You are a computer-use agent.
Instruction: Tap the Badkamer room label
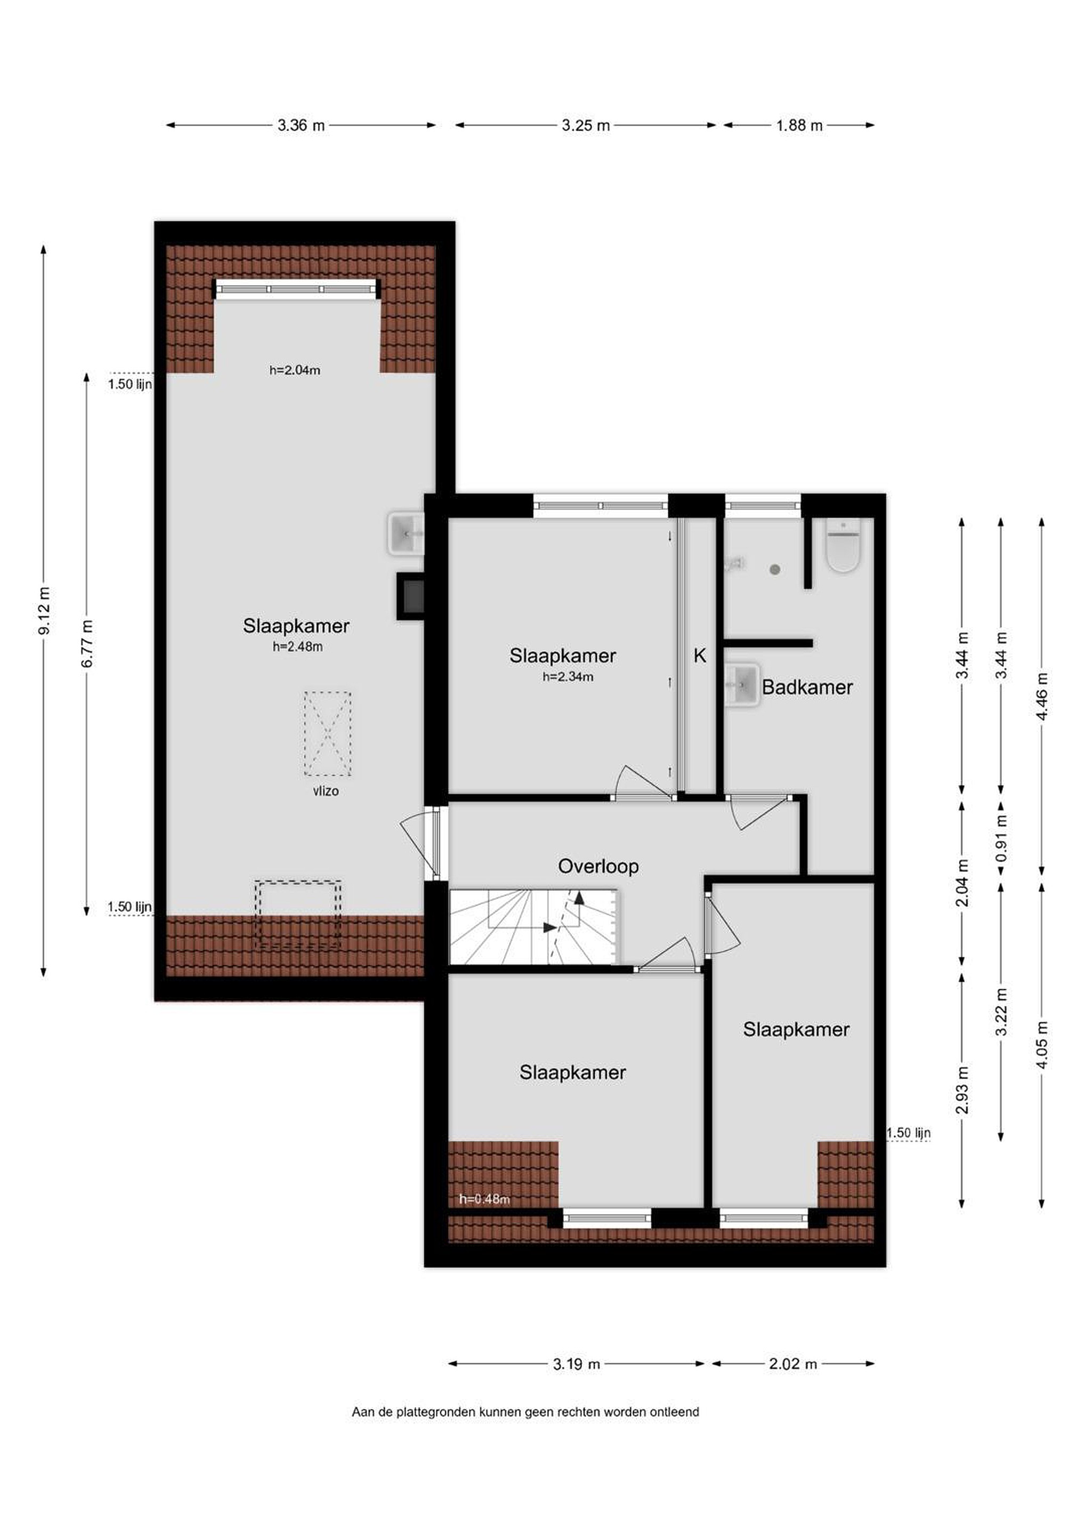(x=807, y=686)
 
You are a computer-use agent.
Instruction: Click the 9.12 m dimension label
(x=44, y=610)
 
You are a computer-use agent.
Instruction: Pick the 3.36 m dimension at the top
(x=301, y=125)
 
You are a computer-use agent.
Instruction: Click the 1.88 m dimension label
(x=799, y=125)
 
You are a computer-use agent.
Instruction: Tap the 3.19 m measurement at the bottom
(x=576, y=1363)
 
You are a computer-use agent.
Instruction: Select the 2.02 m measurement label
(x=793, y=1363)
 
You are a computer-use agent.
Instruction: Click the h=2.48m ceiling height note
(x=297, y=647)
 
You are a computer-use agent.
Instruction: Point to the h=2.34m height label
(x=568, y=676)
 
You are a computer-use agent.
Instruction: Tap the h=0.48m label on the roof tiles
(x=484, y=1199)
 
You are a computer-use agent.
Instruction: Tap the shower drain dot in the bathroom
(x=775, y=570)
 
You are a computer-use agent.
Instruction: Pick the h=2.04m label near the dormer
(x=295, y=370)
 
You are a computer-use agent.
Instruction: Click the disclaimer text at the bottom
(x=525, y=1412)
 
